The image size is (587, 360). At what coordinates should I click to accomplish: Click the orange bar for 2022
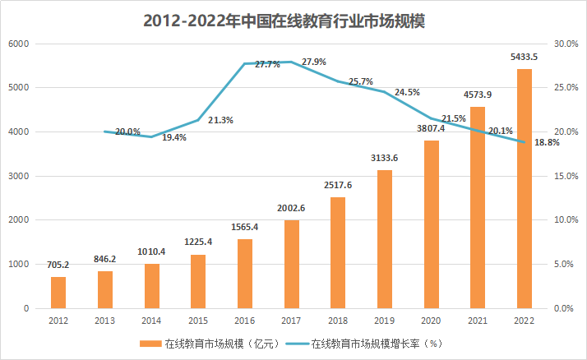pyautogui.click(x=524, y=188)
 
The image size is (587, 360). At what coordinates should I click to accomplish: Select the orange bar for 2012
pyautogui.click(x=58, y=293)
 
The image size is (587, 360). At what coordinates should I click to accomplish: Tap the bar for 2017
pyautogui.click(x=291, y=264)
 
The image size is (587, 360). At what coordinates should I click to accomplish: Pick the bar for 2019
pyautogui.click(x=384, y=239)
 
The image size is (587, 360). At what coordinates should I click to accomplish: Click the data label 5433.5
pyautogui.click(x=524, y=58)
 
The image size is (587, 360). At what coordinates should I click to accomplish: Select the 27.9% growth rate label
pyautogui.click(x=313, y=62)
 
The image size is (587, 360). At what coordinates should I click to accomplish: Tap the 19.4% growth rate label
pyautogui.click(x=174, y=138)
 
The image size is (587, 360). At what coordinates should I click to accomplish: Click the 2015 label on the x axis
pyautogui.click(x=197, y=321)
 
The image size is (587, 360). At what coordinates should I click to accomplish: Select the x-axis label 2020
pyautogui.click(x=430, y=321)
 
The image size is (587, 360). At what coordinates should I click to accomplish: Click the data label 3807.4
pyautogui.click(x=430, y=128)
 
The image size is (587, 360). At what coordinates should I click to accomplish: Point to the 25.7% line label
pyautogui.click(x=360, y=81)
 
